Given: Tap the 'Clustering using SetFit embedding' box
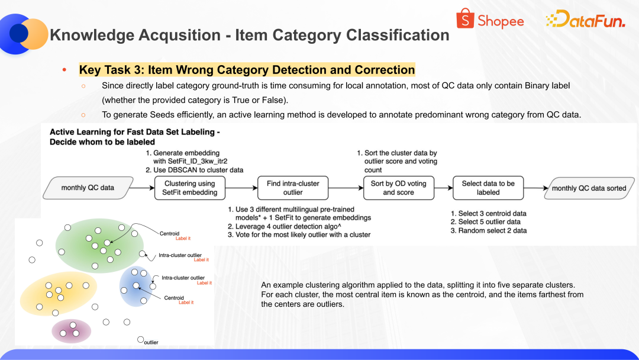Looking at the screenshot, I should (190, 188).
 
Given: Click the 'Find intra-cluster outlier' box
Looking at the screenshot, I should (293, 188).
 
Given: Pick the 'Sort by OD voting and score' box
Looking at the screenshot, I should (398, 188).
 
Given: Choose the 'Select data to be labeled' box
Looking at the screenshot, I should (488, 188).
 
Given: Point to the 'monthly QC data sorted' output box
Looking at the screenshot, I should (589, 188).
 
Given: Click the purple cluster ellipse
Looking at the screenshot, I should (72, 330).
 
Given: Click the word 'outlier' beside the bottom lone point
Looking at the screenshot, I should (151, 342).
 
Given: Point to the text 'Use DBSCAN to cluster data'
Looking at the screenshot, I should (198, 170).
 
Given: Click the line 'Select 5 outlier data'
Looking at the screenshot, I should (489, 222).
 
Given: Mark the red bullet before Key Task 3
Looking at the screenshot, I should (64, 70).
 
